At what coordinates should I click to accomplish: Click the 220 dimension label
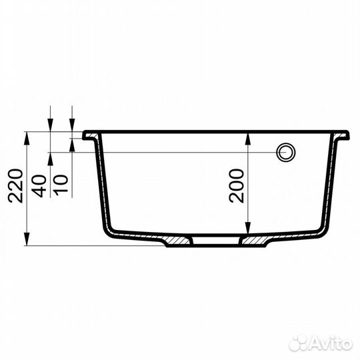point(15,186)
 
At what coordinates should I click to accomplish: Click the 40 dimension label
point(40,186)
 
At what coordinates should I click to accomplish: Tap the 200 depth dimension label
point(236,186)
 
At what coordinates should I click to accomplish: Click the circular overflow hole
point(286,152)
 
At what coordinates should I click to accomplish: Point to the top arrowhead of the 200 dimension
point(248,139)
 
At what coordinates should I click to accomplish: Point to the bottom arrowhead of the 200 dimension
point(248,228)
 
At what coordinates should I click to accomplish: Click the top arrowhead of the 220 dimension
point(27,138)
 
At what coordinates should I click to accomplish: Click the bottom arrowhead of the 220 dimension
point(27,239)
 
